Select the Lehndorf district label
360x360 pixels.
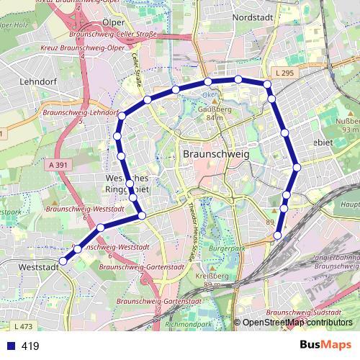click(40, 81)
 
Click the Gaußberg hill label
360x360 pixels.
click(211, 110)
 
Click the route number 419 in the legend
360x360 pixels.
click(30, 346)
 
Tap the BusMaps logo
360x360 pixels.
click(326, 345)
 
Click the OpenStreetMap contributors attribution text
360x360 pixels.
click(297, 323)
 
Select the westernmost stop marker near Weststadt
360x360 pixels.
click(63, 261)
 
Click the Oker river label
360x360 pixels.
click(207, 94)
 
